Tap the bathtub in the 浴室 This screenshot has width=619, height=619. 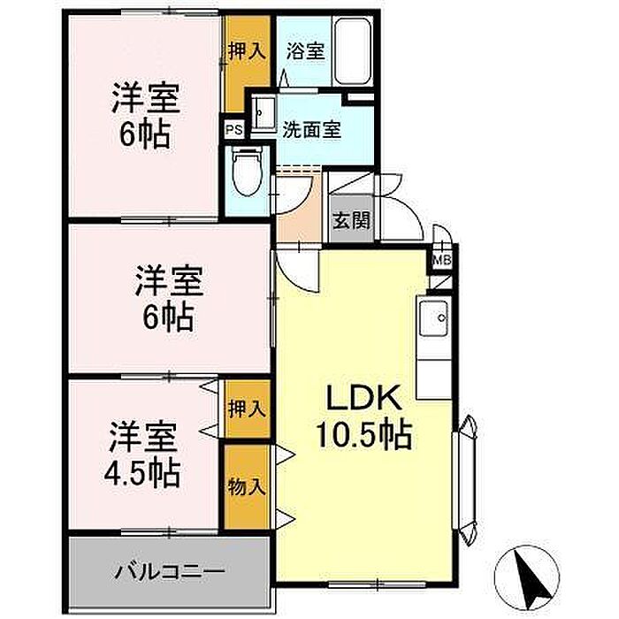point(354,50)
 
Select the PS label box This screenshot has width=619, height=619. point(233,130)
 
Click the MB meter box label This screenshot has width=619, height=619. point(442,260)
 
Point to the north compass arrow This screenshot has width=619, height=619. point(531,578)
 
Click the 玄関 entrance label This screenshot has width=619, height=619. point(351,220)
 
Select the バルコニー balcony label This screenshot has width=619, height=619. point(170,571)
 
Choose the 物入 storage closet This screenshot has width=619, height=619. point(247,486)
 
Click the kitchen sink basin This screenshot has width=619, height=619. point(433,317)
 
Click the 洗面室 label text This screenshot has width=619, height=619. point(312,129)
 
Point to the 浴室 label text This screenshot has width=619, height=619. point(306,51)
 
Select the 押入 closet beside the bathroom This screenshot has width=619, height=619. point(247,51)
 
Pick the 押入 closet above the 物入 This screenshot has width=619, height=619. point(247,409)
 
